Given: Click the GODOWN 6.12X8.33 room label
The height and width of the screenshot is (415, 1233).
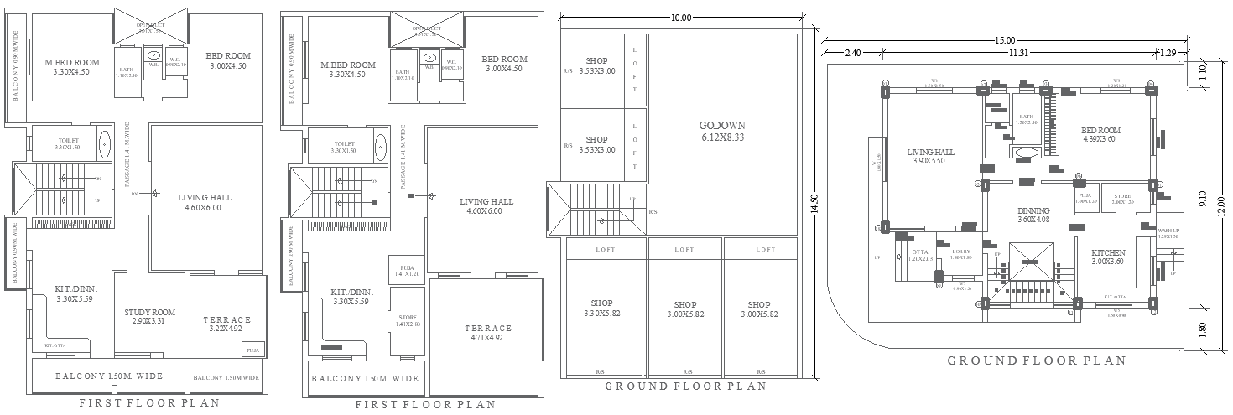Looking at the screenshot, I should [x=722, y=131].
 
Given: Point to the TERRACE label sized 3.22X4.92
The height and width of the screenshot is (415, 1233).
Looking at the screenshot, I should [x=227, y=324].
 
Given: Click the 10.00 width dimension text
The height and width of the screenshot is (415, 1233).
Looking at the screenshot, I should [x=681, y=18].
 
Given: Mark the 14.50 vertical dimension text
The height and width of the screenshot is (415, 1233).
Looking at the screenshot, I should [x=813, y=205].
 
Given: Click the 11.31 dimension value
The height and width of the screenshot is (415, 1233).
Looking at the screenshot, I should [x=1018, y=53].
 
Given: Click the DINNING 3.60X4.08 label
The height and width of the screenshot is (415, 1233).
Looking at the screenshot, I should [x=1033, y=215].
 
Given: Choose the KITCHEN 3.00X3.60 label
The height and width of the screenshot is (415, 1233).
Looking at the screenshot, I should [x=1108, y=257].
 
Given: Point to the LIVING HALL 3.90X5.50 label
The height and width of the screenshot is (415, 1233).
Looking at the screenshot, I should [x=929, y=157].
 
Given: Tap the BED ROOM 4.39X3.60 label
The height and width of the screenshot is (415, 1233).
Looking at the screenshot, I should [x=1100, y=135].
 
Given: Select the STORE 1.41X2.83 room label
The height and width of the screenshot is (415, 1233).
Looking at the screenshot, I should [x=408, y=319].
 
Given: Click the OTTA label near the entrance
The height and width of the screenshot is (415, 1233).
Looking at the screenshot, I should [x=919, y=255].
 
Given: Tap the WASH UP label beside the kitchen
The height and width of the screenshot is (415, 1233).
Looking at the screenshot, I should [x=1168, y=233].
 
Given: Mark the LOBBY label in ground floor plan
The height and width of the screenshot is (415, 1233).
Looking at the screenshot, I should [x=961, y=254].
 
